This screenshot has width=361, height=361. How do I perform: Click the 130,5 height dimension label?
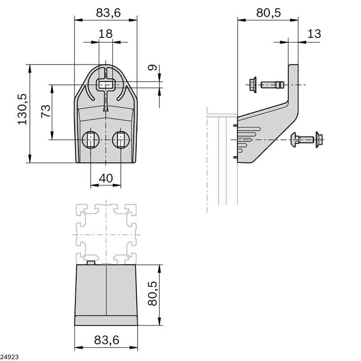pyautogui.click(x=23, y=109)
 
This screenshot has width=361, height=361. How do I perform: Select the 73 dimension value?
pyautogui.click(x=46, y=111)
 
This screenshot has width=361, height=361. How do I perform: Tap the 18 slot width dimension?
pyautogui.click(x=106, y=34)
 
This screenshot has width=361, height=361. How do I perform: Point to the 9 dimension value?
pyautogui.click(x=152, y=67)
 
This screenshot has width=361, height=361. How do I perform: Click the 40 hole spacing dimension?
pyautogui.click(x=106, y=178)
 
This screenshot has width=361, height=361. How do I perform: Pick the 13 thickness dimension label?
pyautogui.click(x=314, y=34)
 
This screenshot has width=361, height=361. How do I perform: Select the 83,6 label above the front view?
pyautogui.click(x=108, y=13)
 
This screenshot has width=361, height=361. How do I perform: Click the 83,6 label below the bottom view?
pyautogui.click(x=106, y=340)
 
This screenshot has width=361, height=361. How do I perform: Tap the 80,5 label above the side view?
pyautogui.click(x=268, y=13)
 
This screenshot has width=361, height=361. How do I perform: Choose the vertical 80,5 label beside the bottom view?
pyautogui.click(x=153, y=294)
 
